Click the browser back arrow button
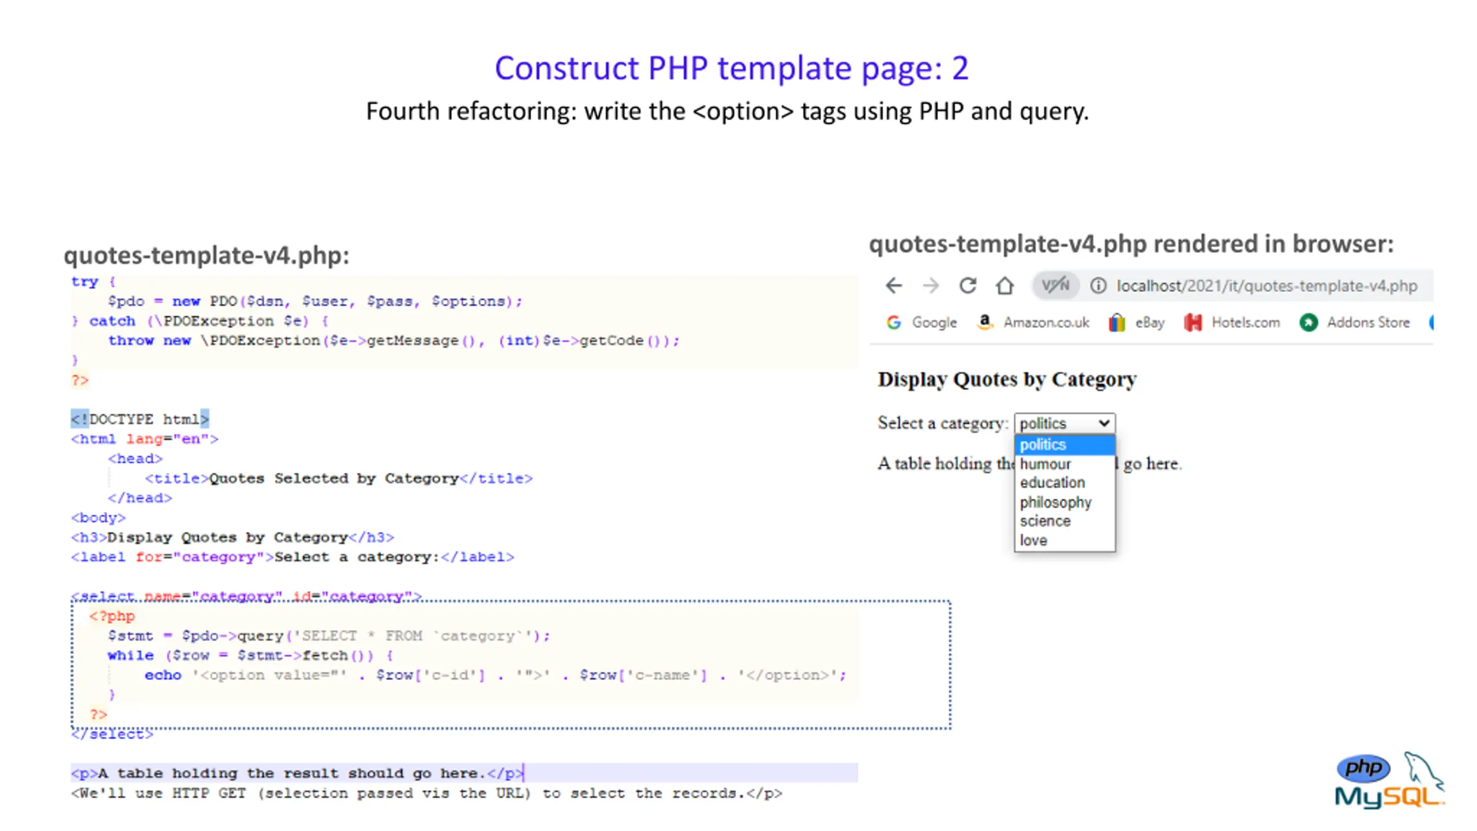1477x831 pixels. [894, 286]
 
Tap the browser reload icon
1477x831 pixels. [968, 286]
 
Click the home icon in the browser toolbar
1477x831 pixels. [1004, 286]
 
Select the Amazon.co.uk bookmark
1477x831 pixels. [1033, 322]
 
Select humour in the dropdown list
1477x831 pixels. [1045, 464]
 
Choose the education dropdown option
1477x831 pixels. [1052, 482]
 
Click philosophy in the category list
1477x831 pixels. [1056, 502]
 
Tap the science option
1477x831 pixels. [1045, 521]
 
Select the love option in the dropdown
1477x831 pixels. [1033, 541]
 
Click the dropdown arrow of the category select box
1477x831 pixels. [1104, 423]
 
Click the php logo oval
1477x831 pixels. [1363, 768]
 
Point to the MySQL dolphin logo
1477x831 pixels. [1422, 773]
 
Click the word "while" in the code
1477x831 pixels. [130, 656]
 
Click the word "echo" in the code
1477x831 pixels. [163, 675]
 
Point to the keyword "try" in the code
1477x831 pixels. [85, 282]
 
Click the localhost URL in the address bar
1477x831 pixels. [1266, 286]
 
